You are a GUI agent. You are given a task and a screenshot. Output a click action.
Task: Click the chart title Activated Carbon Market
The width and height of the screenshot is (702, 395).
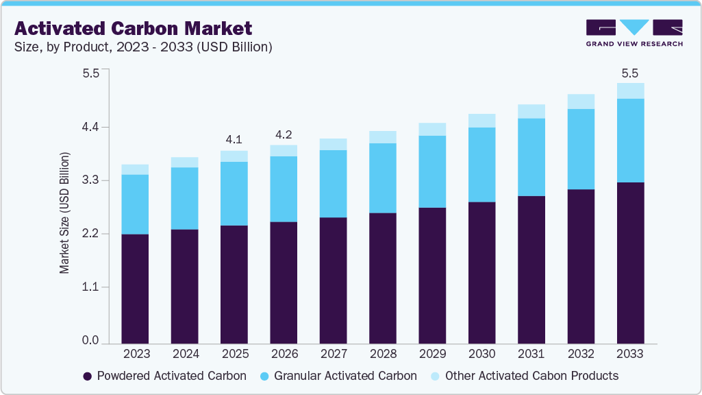point(133,28)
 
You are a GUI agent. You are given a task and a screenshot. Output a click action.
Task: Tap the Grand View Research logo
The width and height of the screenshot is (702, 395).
point(634,32)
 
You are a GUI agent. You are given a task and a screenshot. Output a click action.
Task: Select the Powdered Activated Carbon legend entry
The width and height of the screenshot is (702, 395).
point(164,376)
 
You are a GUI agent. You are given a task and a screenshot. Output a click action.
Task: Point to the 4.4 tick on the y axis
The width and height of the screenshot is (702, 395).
point(91,127)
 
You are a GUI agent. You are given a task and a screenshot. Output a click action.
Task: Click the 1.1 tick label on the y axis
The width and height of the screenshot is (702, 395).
point(91,287)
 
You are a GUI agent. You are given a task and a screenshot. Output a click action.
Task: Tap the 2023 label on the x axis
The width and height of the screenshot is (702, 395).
point(136,354)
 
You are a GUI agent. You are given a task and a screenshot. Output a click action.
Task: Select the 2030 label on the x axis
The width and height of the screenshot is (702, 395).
point(482,354)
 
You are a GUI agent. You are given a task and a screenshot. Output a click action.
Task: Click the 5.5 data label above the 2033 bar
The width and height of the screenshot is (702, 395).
point(630,72)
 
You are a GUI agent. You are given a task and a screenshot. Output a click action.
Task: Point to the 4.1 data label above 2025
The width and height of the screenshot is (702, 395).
point(234,139)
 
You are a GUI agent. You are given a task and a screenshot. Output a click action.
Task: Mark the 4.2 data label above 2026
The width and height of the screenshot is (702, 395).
point(284,134)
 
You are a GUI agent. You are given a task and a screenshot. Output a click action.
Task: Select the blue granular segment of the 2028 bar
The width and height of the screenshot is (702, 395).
point(383,178)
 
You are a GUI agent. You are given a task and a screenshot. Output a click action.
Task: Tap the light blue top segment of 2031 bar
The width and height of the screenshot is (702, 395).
point(531,112)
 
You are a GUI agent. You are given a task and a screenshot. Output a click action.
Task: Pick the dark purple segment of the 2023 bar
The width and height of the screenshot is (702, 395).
point(136,288)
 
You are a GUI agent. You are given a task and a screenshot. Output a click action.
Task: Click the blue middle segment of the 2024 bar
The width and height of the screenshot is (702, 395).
point(185,198)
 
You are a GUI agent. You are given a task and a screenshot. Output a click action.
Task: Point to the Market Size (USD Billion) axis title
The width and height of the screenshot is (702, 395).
point(65,213)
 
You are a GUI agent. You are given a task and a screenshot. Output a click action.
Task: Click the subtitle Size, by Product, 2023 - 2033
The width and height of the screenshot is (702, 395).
point(143,47)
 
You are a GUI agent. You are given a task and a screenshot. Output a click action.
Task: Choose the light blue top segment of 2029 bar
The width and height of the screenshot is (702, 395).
point(432,130)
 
